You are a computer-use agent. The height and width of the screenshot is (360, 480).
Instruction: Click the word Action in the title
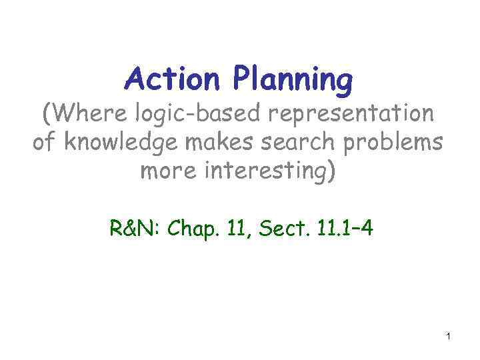tap(173, 81)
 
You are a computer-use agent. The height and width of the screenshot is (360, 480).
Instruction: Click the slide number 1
tap(449, 337)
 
